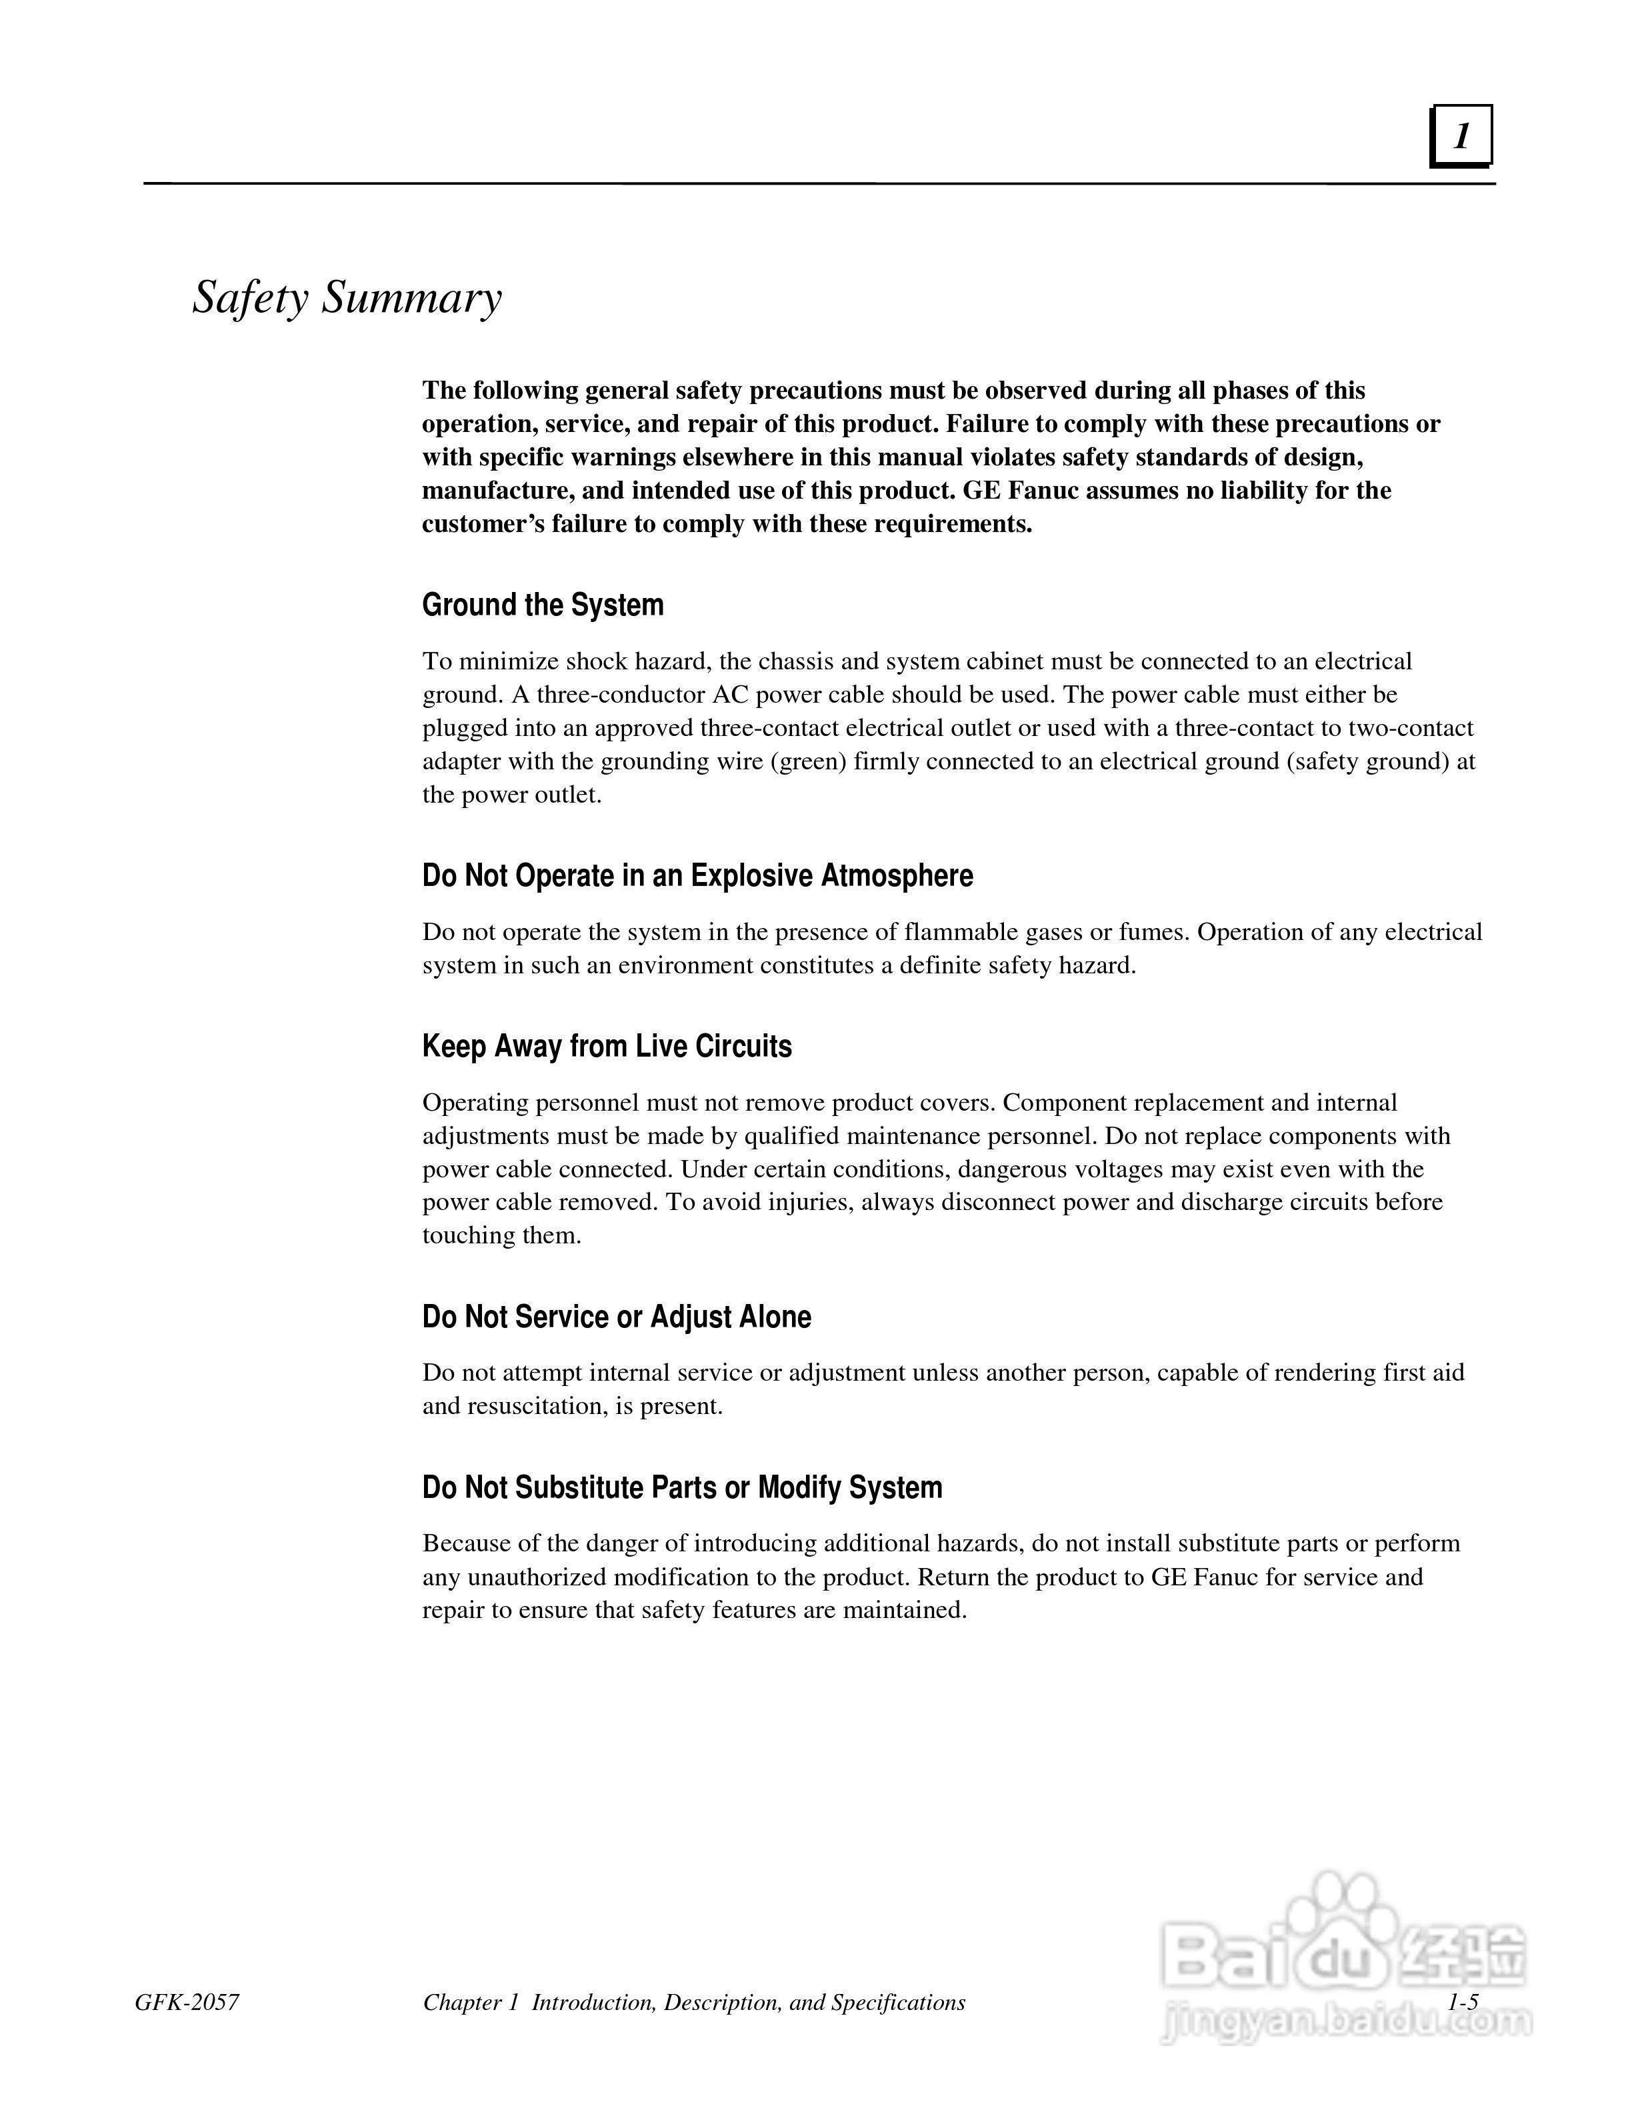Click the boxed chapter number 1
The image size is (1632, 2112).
click(1461, 137)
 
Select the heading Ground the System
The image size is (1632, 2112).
click(543, 605)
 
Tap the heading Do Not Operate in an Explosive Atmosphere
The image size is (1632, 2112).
click(697, 875)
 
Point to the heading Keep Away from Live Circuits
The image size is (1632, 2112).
click(606, 1045)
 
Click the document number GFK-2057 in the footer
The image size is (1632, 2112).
click(187, 2002)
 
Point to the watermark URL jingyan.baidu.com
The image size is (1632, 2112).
click(1346, 2019)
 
